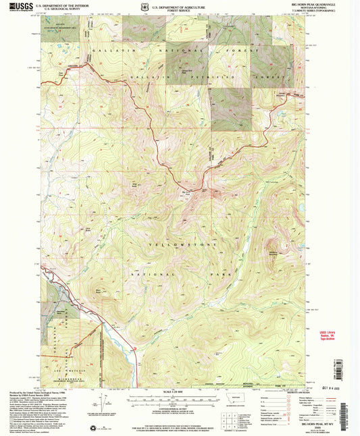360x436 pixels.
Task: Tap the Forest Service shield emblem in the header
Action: coord(138,9)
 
